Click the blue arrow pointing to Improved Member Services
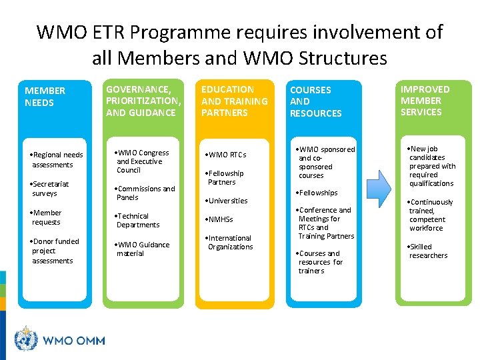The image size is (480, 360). [378, 189]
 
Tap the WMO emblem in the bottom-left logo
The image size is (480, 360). [27, 339]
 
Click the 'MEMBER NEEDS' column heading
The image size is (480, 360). [45, 97]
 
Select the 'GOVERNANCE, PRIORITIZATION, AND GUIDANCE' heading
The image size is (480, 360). [143, 101]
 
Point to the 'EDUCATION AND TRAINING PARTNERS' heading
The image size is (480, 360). [234, 101]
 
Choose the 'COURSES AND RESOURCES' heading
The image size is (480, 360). [315, 101]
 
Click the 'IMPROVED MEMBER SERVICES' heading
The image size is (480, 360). [425, 101]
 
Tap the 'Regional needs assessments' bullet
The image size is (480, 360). [57, 159]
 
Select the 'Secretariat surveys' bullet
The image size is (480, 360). [51, 189]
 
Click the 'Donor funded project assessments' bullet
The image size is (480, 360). [55, 251]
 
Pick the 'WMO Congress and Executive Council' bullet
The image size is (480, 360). [142, 161]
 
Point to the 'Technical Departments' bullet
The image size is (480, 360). [137, 221]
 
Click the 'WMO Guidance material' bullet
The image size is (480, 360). [142, 249]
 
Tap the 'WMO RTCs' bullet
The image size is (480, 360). [227, 155]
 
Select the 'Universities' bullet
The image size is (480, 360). [227, 201]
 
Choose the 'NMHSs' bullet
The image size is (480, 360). [220, 219]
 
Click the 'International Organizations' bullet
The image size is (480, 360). [230, 242]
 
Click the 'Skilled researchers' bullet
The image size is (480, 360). [428, 251]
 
